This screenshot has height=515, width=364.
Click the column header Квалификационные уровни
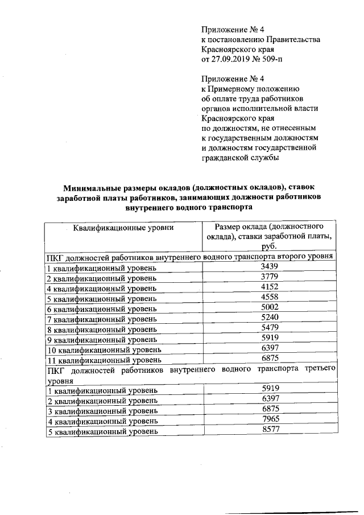pyautogui.click(x=123, y=228)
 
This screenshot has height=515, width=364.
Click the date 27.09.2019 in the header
pyautogui.click(x=232, y=59)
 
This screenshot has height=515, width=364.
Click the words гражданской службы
pyautogui.click(x=241, y=158)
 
